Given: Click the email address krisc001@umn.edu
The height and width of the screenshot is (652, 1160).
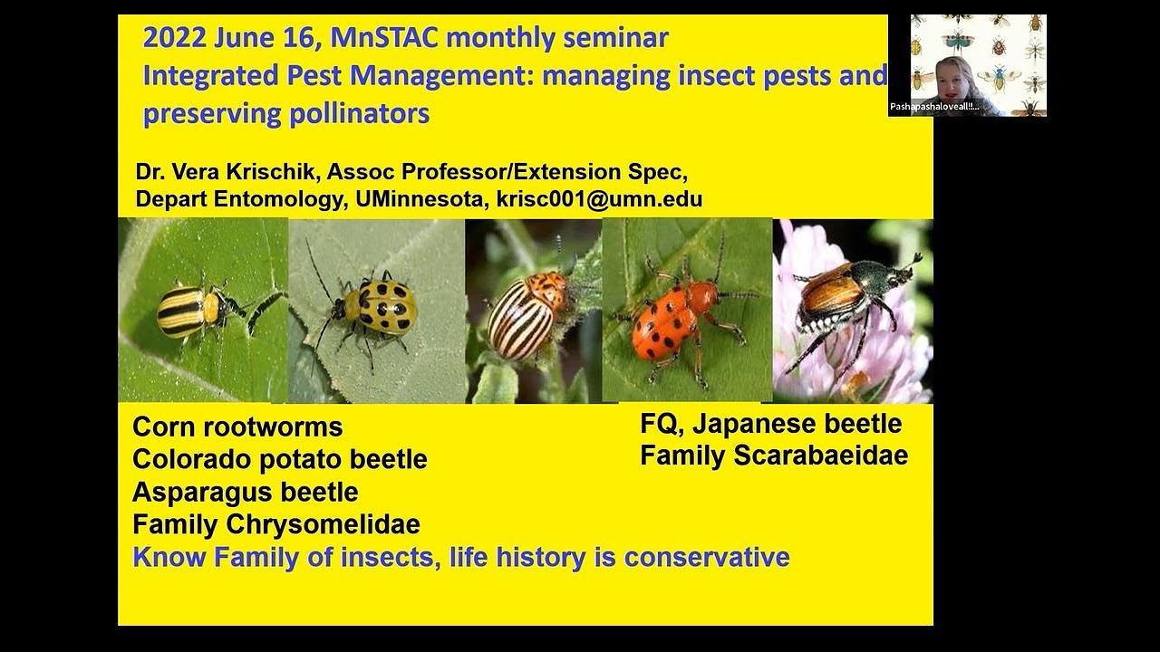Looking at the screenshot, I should [x=599, y=200].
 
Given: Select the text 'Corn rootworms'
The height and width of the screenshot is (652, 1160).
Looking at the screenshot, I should [x=237, y=427].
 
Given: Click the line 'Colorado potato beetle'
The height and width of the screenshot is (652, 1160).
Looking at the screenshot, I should [x=279, y=459].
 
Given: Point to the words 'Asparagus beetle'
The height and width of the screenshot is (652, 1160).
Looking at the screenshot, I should [x=245, y=492].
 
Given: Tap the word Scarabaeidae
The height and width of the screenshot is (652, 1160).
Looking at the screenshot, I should [x=820, y=455].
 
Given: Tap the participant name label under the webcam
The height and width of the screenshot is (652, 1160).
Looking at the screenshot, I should [x=934, y=107].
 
